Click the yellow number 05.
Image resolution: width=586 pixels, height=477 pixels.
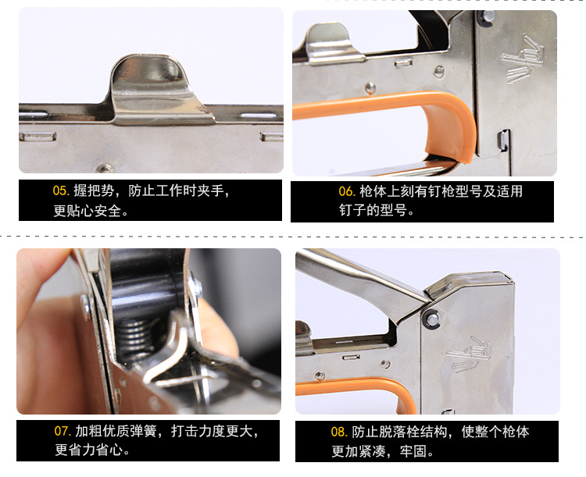60,190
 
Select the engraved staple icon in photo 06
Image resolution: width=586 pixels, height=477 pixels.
519,59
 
